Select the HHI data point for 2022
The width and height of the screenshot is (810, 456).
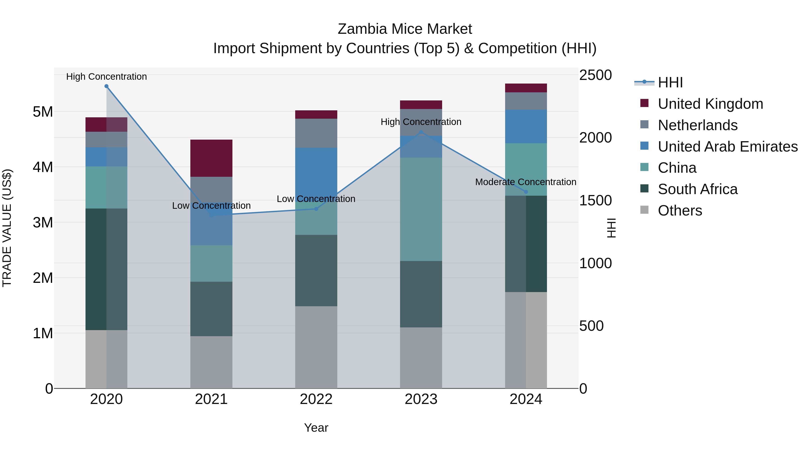(316, 209)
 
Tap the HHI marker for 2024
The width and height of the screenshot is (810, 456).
(526, 192)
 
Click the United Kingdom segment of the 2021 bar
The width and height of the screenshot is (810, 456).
(211, 158)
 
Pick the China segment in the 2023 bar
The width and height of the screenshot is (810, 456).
(421, 209)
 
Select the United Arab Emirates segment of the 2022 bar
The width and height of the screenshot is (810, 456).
(316, 170)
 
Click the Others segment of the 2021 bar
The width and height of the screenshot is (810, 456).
(211, 362)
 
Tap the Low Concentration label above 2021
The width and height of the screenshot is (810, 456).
(211, 206)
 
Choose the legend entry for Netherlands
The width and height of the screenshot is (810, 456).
(697, 125)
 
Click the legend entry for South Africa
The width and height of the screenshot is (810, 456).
(697, 189)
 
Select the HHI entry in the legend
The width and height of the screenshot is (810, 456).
(670, 82)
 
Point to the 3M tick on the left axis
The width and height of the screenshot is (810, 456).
(43, 222)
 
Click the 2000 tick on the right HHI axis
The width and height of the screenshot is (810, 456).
(595, 138)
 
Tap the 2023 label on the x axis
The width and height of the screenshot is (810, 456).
(421, 399)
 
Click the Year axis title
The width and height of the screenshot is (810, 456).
(316, 428)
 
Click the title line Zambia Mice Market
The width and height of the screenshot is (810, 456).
(405, 29)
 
